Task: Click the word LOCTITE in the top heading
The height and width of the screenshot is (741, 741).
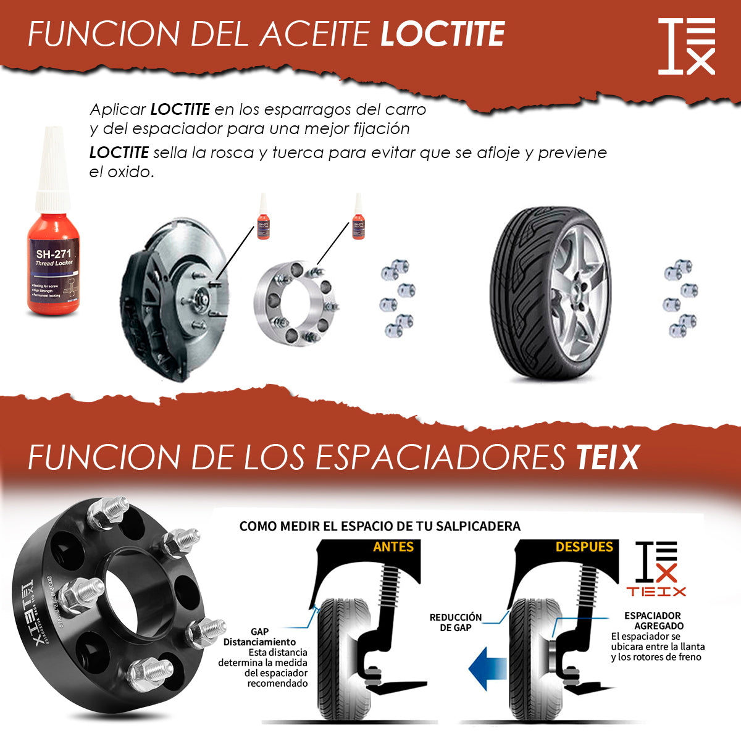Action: click(x=442, y=34)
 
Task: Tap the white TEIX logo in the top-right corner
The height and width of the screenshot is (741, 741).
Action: click(x=686, y=46)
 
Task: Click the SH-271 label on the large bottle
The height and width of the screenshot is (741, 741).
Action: click(x=54, y=254)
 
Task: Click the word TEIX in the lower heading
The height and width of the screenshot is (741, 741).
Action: click(x=607, y=457)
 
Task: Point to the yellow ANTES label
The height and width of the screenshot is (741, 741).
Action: click(x=393, y=547)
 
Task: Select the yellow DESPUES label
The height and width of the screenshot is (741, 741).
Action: click(x=584, y=547)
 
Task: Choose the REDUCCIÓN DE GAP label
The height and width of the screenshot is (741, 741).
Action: click(x=456, y=622)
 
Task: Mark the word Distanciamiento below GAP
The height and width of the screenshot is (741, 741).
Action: click(x=259, y=642)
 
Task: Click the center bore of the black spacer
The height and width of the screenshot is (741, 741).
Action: click(x=133, y=593)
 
